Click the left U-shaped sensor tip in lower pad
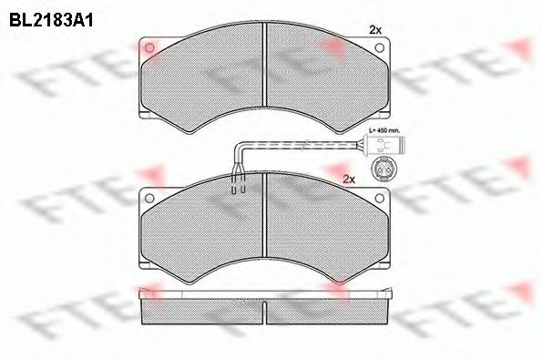tap(234, 190)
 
